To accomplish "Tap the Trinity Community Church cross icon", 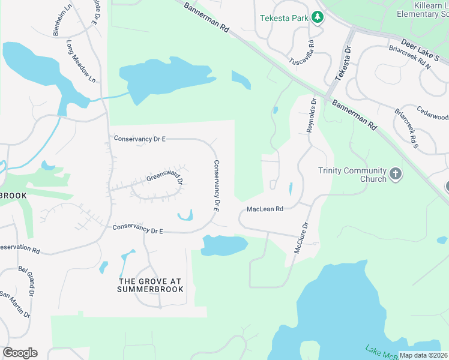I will pyautogui.click(x=395, y=175).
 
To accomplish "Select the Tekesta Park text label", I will pyautogui.click(x=283, y=18).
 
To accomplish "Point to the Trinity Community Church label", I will pyautogui.click(x=352, y=175).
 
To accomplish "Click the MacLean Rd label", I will pyautogui.click(x=265, y=209).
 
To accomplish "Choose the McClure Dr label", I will pyautogui.click(x=301, y=238).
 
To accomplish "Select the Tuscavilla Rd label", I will pyautogui.click(x=302, y=53).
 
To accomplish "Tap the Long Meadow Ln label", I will pyautogui.click(x=81, y=62).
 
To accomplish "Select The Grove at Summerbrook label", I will pyautogui.click(x=151, y=285).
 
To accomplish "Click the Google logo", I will pyautogui.click(x=20, y=353).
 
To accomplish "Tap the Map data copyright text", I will pyautogui.click(x=423, y=355).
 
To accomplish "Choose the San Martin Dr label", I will pyautogui.click(x=16, y=304).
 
